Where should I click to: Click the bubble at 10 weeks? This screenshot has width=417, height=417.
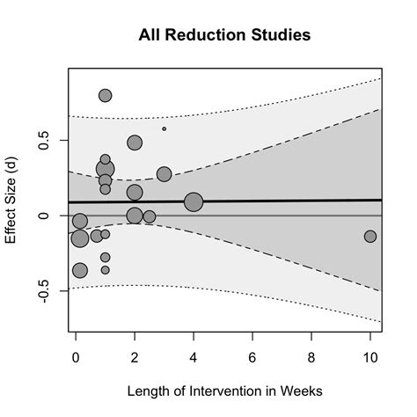[370, 236]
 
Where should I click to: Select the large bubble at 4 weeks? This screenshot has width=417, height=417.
[194, 202]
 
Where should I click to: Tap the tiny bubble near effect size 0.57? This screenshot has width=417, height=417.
[164, 128]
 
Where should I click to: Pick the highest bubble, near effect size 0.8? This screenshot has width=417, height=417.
[106, 95]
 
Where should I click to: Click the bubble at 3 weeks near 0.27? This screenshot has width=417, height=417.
[164, 174]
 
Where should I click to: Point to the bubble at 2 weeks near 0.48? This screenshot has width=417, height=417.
[135, 143]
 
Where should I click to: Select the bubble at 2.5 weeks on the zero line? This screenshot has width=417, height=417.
[150, 216]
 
